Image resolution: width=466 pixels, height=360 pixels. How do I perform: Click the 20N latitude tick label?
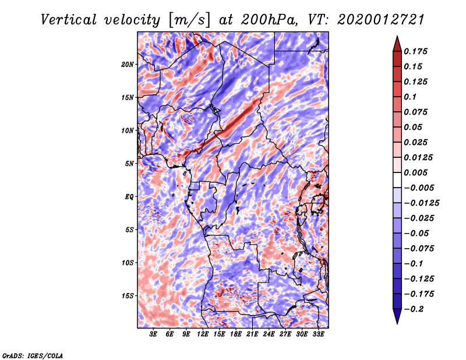128,64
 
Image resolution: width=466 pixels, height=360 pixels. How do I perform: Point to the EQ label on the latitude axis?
129,197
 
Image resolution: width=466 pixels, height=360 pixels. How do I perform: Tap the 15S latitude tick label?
128,296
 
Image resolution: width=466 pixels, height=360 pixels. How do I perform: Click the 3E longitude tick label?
154,335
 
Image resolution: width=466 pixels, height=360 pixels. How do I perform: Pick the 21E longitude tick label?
252,335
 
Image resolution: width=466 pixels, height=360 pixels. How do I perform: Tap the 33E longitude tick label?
318,335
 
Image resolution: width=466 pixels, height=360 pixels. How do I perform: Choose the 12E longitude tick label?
203,335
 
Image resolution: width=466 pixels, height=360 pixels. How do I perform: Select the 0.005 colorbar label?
416,172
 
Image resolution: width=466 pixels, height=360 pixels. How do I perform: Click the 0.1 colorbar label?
410,97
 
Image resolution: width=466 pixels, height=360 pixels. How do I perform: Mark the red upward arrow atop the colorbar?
397,43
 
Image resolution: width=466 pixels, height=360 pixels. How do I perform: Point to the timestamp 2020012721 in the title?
373,19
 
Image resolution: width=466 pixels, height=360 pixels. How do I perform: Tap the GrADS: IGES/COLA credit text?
32,355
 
